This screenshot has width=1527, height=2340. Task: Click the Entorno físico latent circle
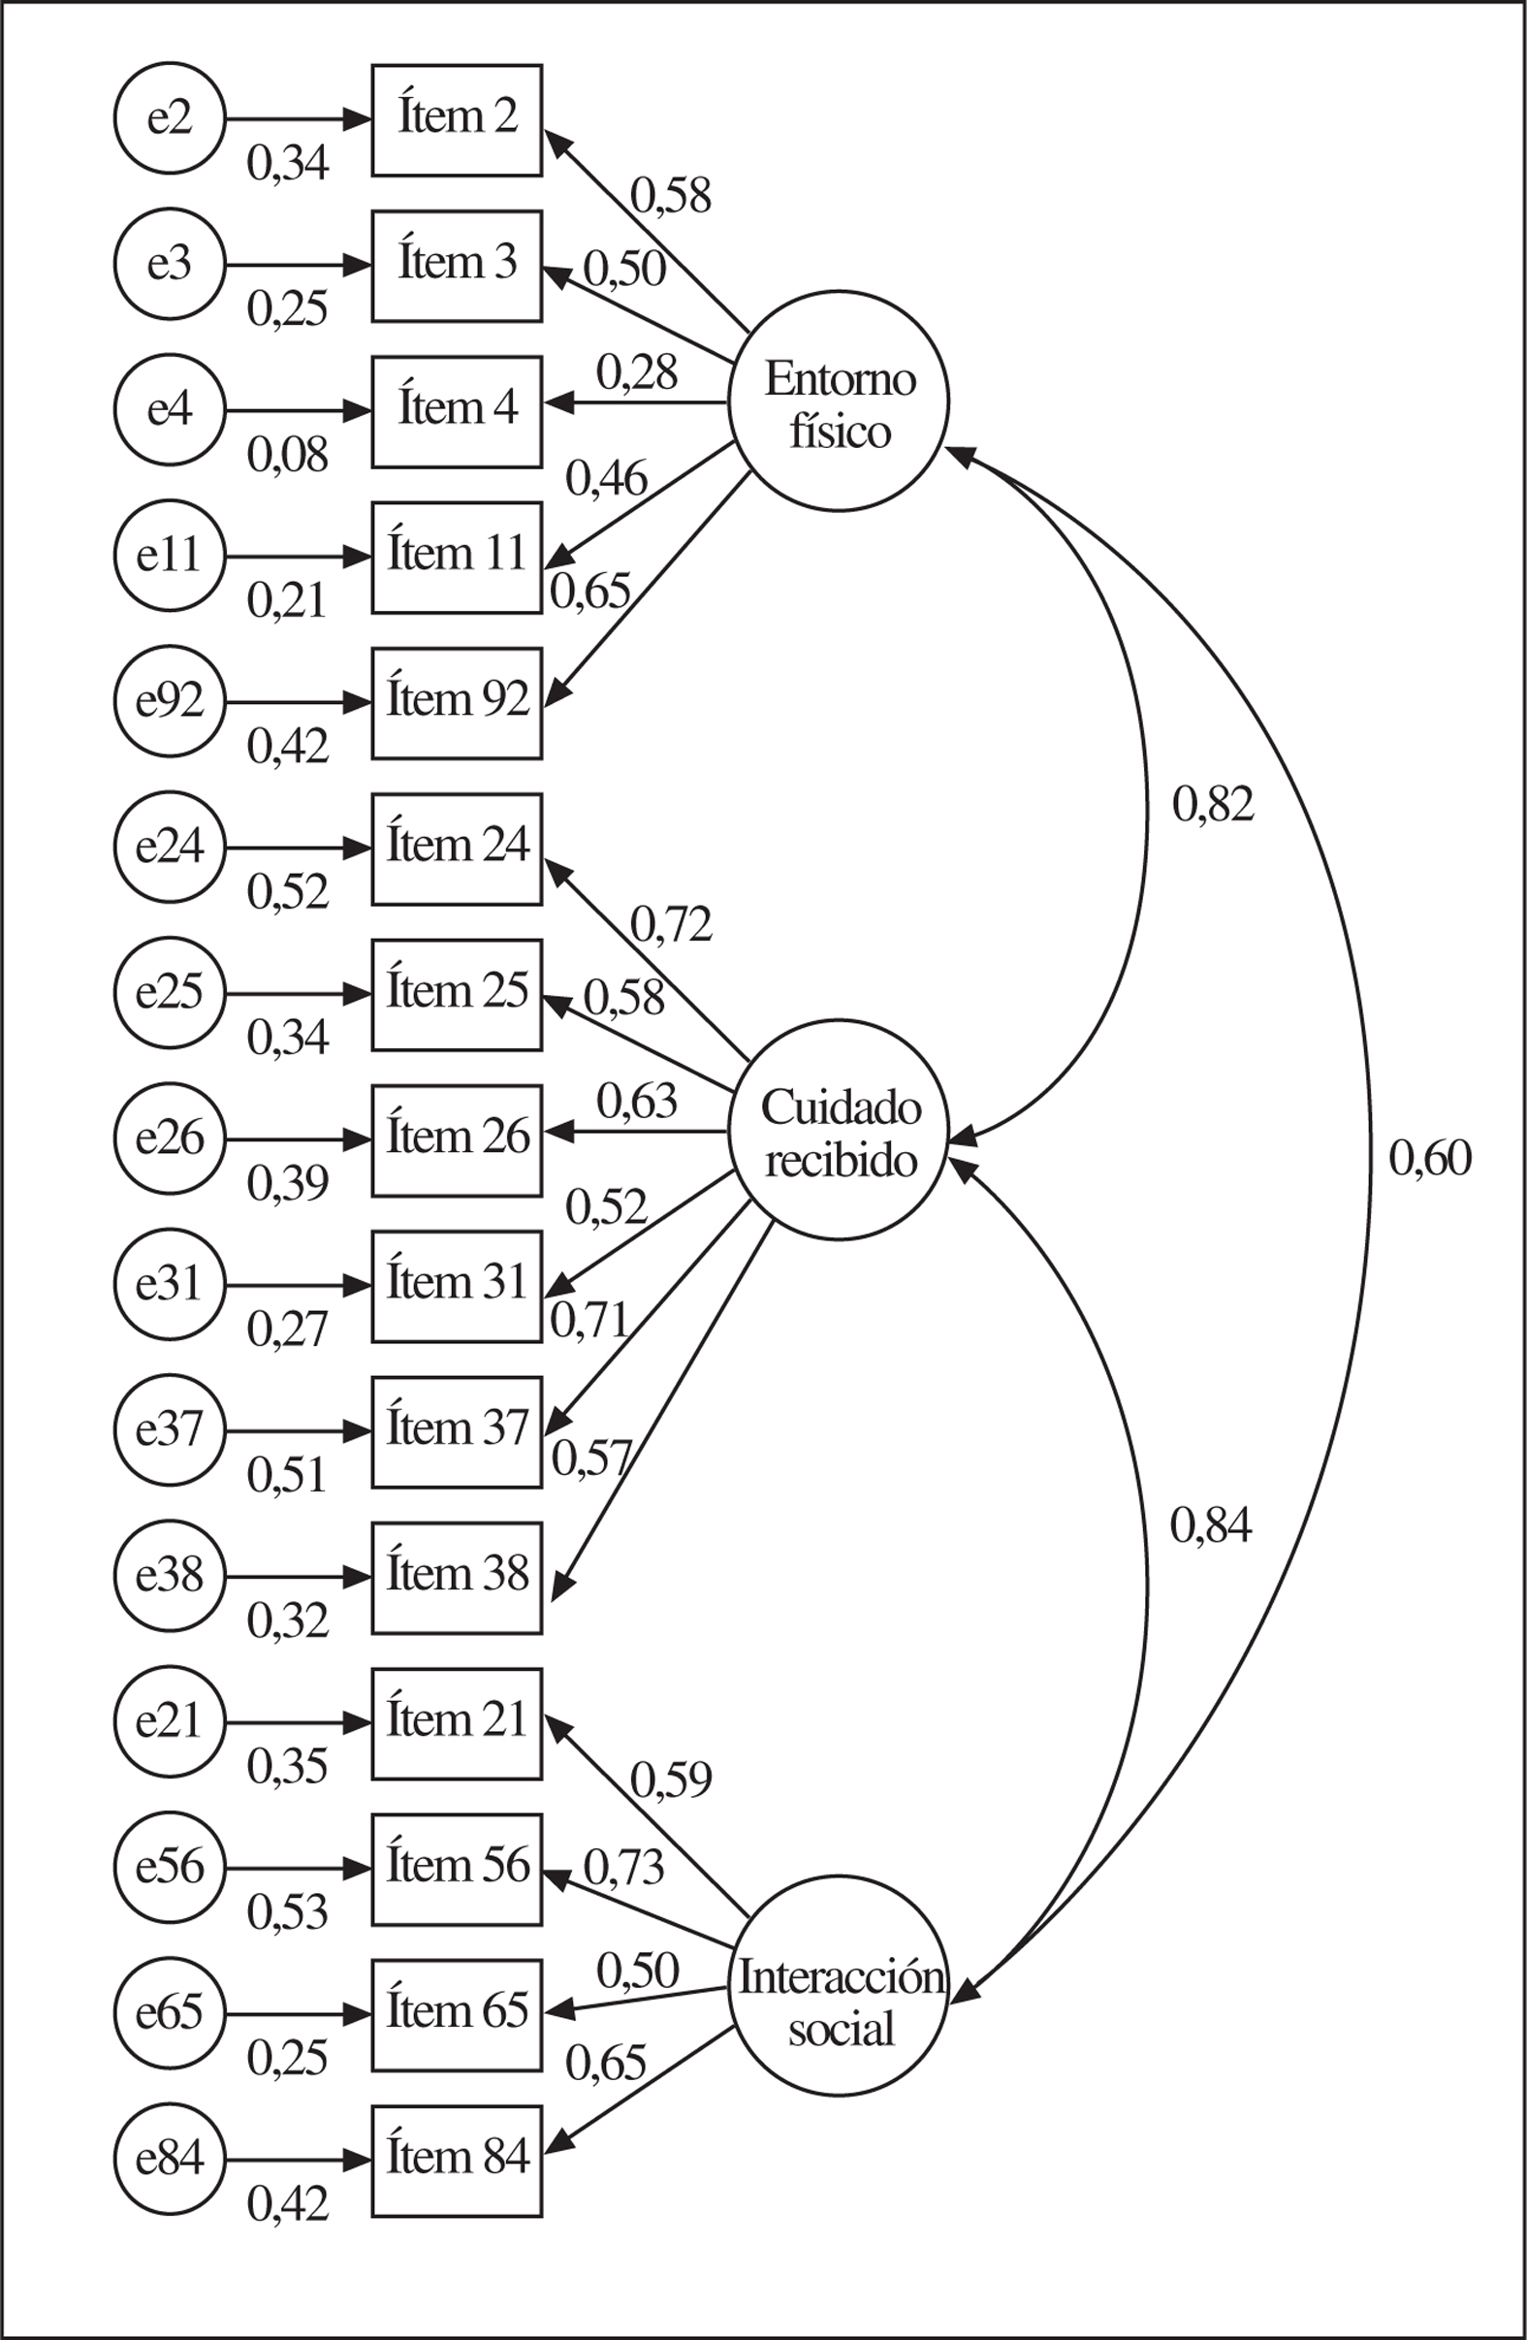click(x=838, y=401)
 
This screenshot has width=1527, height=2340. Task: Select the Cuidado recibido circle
click(x=838, y=1130)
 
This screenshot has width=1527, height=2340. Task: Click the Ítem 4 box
click(x=457, y=411)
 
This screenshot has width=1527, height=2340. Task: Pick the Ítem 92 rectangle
click(x=457, y=703)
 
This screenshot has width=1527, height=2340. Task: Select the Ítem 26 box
click(x=457, y=1139)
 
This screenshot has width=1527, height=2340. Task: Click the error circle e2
click(x=169, y=119)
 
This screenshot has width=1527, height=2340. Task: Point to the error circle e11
click(x=169, y=557)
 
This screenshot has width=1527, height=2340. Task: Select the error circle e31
click(x=169, y=1285)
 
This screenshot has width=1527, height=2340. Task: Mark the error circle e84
click(x=169, y=2159)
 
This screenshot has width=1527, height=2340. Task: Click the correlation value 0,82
click(x=1212, y=805)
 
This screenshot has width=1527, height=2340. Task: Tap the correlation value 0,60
click(x=1430, y=1158)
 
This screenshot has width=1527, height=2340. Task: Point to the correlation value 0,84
click(x=1210, y=1527)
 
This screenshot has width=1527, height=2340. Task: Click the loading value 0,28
click(x=636, y=373)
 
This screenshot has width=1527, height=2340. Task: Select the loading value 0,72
click(x=671, y=925)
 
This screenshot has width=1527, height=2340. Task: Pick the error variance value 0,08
click(x=287, y=455)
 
